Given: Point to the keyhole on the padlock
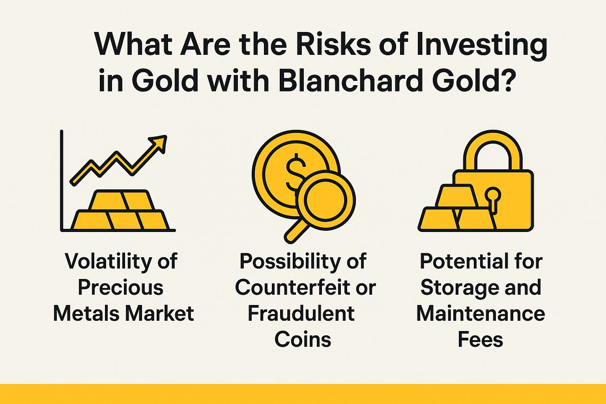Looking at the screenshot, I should (493, 197).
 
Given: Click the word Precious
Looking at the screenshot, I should (120, 288).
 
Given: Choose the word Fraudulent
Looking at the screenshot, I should (301, 314).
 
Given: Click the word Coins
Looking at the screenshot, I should (303, 339).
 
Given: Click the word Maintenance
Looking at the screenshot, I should (481, 314).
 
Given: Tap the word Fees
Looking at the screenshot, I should (480, 339).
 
